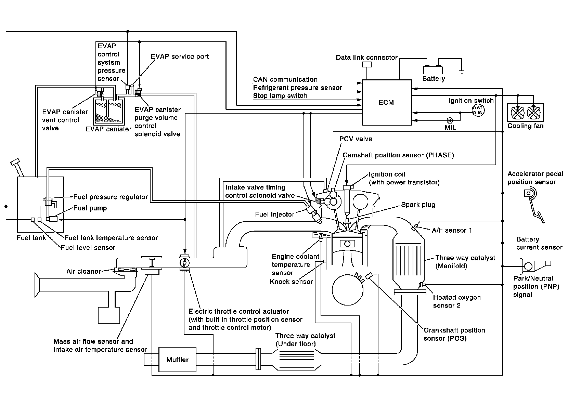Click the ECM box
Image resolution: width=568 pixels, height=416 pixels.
click(387, 102)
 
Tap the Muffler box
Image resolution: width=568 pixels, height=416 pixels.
click(178, 360)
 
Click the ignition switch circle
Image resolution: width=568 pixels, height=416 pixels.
click(478, 110)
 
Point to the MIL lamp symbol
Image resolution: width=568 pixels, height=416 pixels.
click(450, 120)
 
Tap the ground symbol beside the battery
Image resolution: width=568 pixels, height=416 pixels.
click(462, 71)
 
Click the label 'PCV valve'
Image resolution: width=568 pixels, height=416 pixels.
click(356, 139)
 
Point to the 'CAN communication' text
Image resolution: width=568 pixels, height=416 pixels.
click(285, 79)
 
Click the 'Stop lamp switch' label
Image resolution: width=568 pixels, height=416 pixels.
click(280, 96)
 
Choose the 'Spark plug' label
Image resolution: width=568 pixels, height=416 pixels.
click(418, 205)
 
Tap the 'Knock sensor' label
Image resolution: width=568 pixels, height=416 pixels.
click(291, 282)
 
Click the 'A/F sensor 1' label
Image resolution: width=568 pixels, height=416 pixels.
click(452, 230)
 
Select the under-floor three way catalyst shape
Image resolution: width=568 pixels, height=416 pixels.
click(297, 360)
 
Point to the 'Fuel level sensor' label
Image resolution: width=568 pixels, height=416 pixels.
click(88, 247)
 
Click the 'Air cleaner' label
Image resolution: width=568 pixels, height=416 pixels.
click(84, 271)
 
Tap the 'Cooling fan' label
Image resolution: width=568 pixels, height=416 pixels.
click(525, 126)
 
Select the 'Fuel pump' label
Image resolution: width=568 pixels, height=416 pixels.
click(90, 208)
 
